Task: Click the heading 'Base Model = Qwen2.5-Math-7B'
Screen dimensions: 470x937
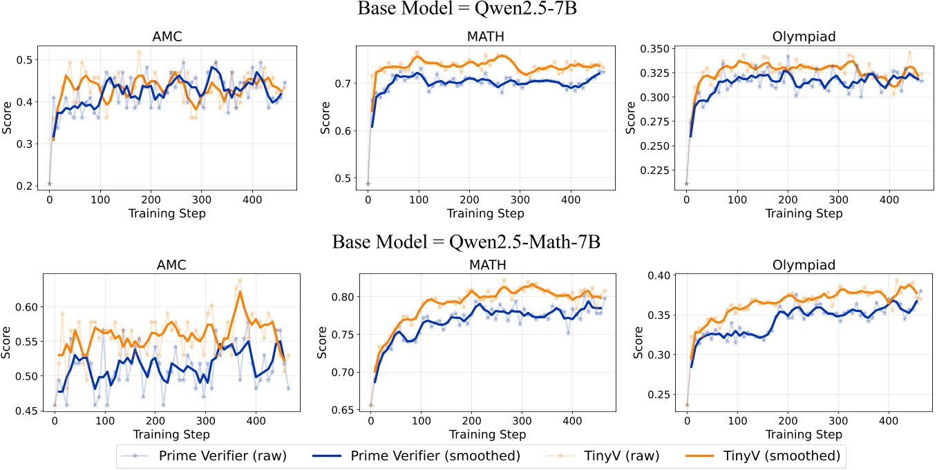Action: pos(468,242)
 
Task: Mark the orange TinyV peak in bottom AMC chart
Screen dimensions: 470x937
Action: pos(240,292)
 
